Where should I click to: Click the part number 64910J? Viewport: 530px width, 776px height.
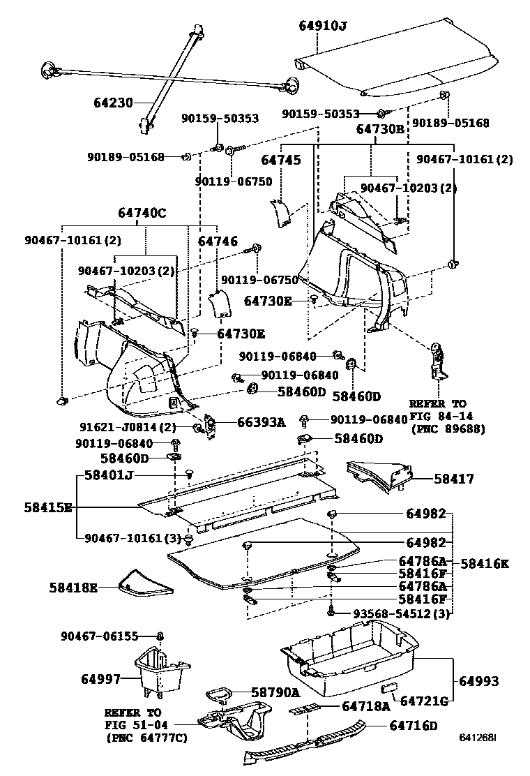coord(323,27)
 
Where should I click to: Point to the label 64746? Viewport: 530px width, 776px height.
coord(218,241)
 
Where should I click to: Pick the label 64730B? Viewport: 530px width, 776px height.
coord(380,129)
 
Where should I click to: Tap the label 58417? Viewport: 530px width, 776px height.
coord(453,479)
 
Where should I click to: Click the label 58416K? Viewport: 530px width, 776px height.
coord(484,562)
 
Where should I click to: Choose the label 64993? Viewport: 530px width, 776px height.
coord(480,680)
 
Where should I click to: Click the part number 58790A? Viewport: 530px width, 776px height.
coord(275,692)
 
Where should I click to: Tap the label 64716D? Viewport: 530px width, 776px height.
coord(414,726)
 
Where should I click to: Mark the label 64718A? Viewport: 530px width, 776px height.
coord(365,706)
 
